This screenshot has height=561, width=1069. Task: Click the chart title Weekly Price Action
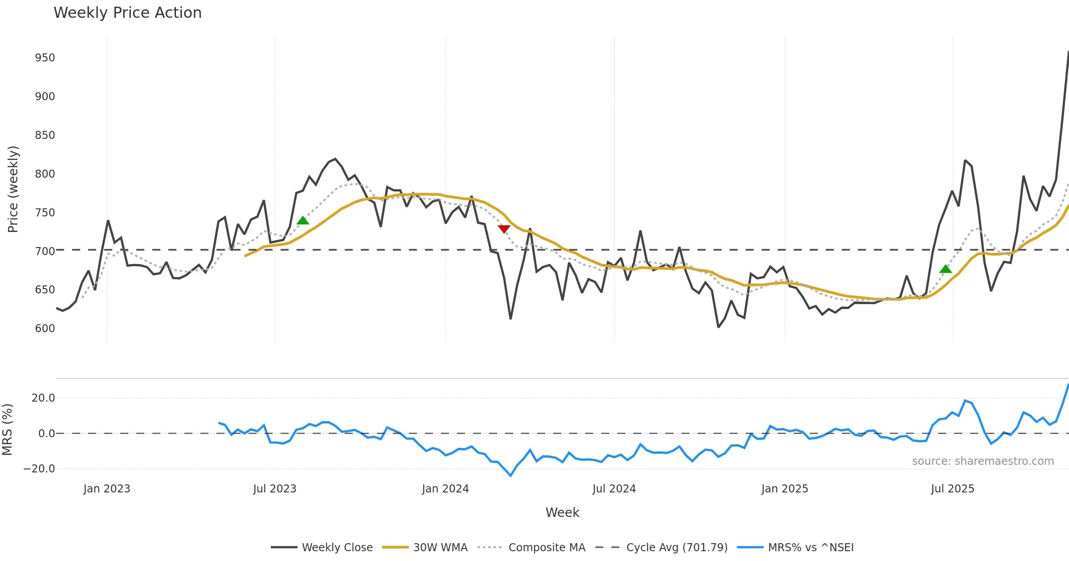(127, 13)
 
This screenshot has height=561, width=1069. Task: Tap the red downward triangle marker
(504, 229)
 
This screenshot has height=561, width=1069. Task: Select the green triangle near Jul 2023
(303, 220)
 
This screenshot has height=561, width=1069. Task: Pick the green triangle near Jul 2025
(945, 269)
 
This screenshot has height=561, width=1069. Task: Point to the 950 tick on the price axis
(45, 58)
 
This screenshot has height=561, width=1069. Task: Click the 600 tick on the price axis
(45, 329)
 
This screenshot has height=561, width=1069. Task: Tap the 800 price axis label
(45, 174)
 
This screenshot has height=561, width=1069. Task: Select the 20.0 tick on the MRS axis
(43, 398)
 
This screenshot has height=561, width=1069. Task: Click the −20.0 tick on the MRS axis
(39, 469)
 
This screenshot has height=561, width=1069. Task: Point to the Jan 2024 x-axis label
(445, 489)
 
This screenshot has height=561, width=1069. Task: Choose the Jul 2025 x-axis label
(952, 489)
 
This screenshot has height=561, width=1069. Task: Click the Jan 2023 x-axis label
(107, 489)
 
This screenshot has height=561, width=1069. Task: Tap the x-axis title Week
(562, 513)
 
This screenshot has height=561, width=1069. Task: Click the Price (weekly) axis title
(13, 189)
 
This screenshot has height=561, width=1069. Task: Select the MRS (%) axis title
(8, 430)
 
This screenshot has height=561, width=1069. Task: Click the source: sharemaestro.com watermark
(983, 461)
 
